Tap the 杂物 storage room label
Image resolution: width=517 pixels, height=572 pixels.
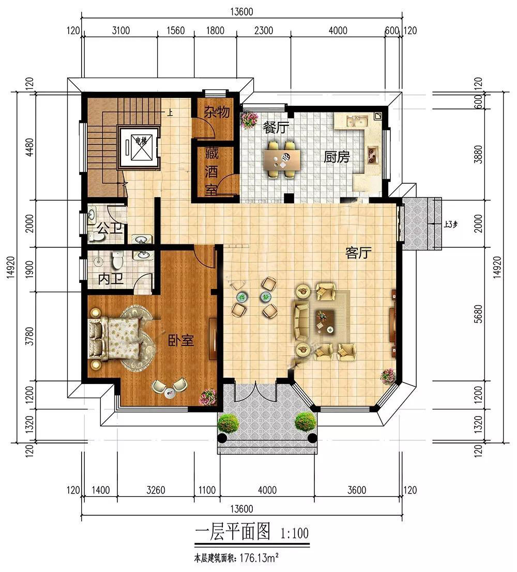point(216,113)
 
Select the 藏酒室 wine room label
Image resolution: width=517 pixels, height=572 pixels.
point(211,171)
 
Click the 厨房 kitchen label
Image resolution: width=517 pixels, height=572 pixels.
point(337,156)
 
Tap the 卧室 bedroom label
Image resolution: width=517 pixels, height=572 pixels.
point(181,341)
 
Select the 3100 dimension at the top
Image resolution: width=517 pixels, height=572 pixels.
point(120,31)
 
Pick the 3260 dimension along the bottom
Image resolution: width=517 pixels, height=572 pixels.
point(156,490)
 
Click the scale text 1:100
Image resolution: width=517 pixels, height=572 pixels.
point(295,532)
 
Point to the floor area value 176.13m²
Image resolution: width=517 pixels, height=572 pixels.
point(263,558)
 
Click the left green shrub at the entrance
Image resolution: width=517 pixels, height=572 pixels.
point(228,423)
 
